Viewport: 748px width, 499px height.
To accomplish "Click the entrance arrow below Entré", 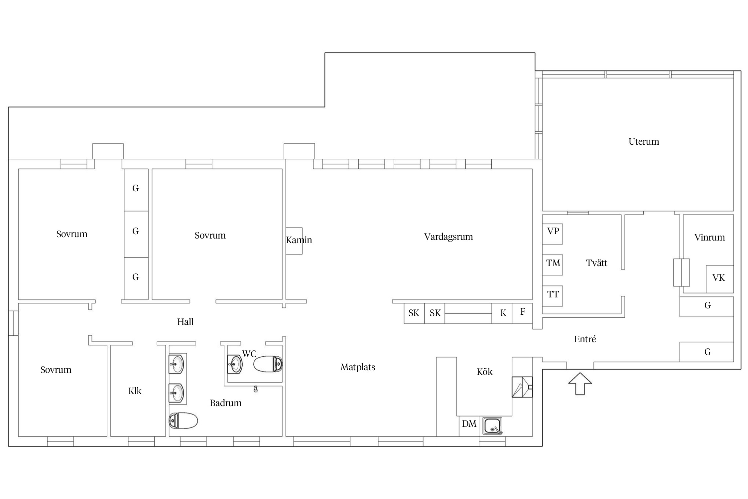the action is tap(580, 384).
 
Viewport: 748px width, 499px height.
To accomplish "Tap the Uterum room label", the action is tap(644, 141).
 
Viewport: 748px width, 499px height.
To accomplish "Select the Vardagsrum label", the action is tap(448, 237).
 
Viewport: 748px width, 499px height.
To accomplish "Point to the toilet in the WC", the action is tap(268, 364).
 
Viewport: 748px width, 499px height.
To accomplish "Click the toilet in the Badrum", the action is tap(183, 421).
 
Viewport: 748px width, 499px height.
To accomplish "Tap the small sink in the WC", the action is tap(235, 364).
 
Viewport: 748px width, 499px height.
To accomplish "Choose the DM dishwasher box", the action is tap(469, 426).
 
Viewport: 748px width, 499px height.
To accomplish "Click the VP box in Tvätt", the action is tap(553, 234).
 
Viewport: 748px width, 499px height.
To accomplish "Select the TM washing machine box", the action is tap(553, 265).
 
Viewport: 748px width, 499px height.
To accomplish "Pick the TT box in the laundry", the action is tap(553, 296).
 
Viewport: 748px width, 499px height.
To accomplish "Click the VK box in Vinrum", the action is tap(720, 279).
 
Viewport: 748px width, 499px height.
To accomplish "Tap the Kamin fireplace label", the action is tap(299, 240).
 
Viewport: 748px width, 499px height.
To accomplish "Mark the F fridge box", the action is tap(522, 313).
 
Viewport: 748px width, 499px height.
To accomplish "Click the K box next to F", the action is tap(502, 313).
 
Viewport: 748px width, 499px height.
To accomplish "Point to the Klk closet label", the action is tap(135, 391).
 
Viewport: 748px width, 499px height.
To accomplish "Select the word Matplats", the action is tap(358, 367).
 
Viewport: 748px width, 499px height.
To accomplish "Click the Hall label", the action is tap(185, 322).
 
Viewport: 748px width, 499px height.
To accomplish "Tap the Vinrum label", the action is tap(709, 238).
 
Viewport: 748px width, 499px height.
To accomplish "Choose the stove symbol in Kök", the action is tap(522, 387).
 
